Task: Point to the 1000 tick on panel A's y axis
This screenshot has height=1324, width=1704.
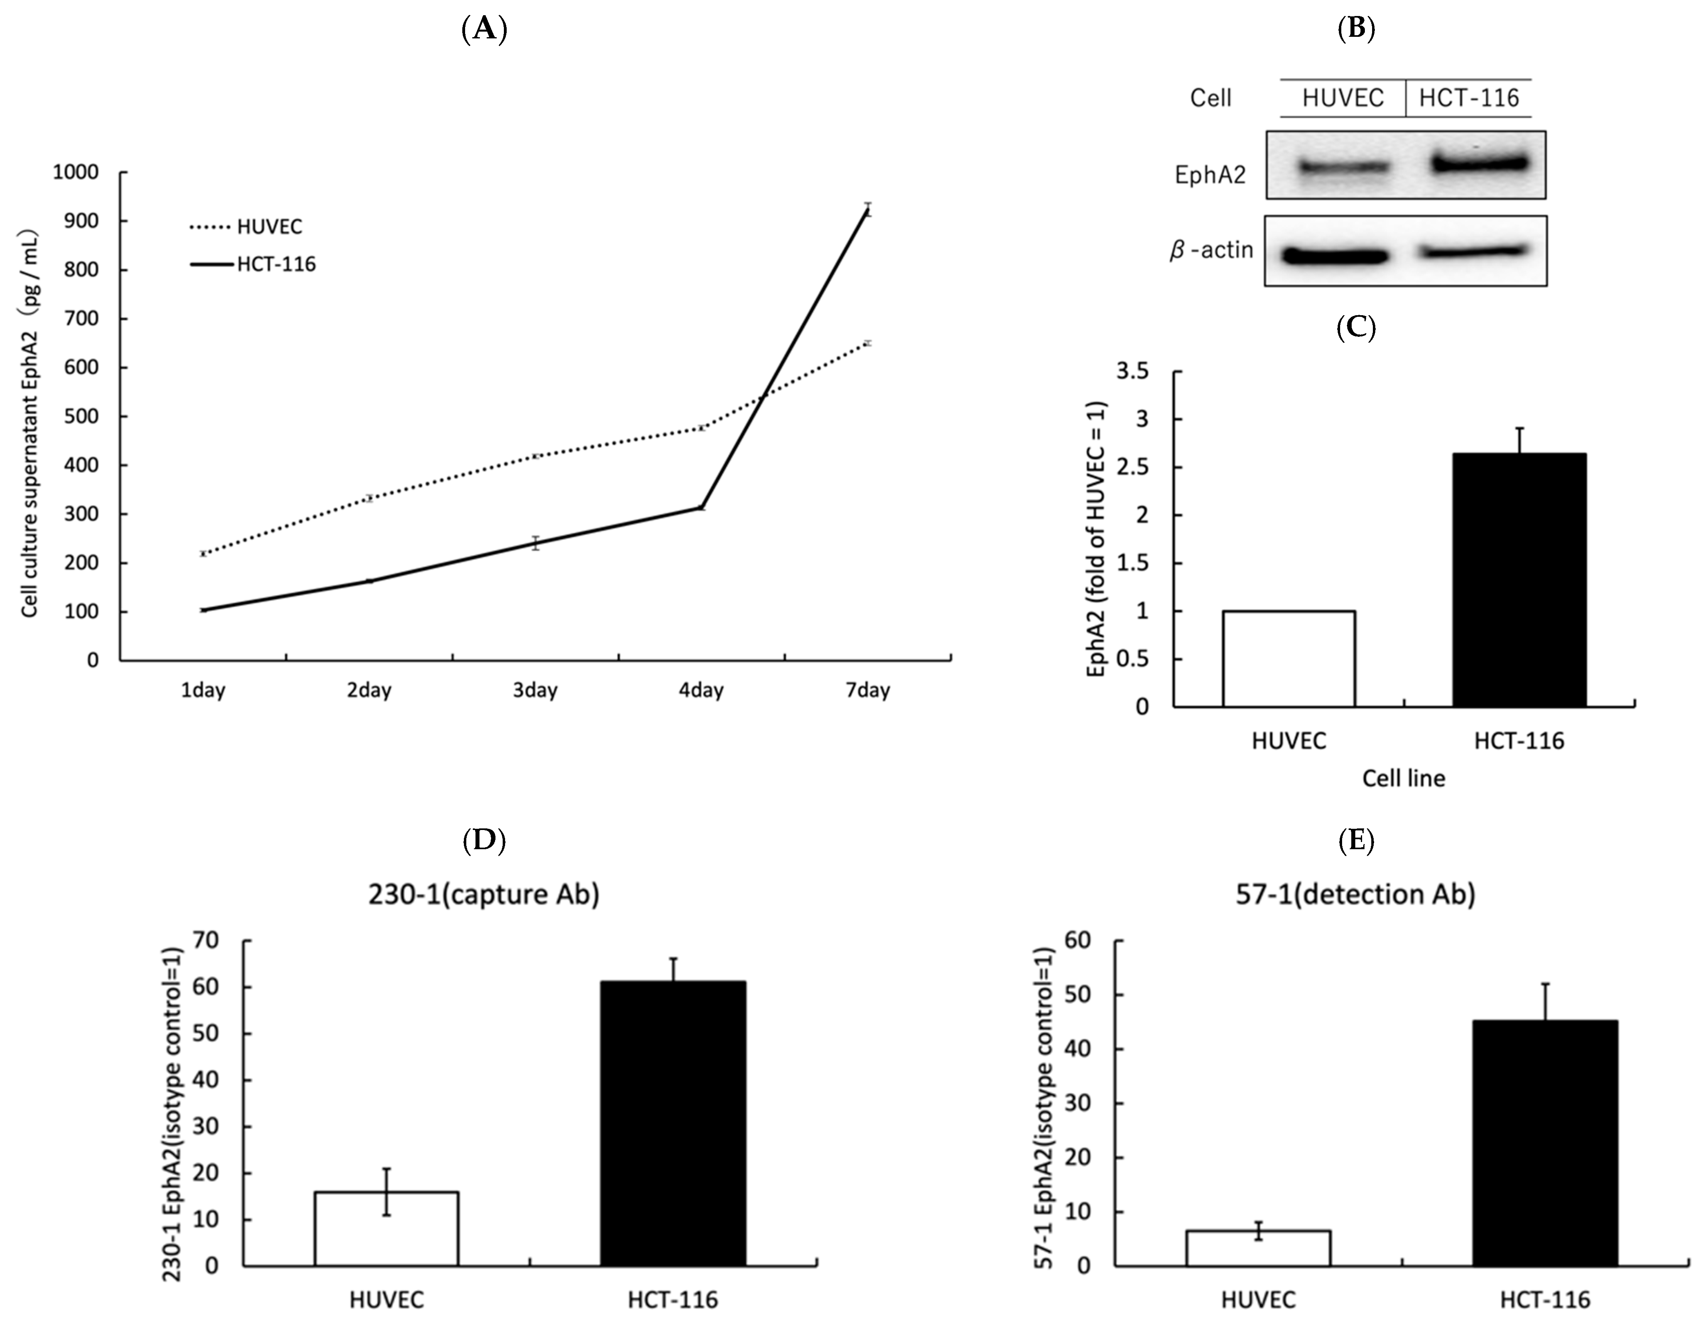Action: click(x=76, y=172)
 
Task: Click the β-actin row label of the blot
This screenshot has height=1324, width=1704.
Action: click(x=1212, y=250)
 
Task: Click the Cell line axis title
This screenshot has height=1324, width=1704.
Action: click(x=1403, y=778)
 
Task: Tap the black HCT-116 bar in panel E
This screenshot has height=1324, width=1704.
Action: click(x=1545, y=1142)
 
